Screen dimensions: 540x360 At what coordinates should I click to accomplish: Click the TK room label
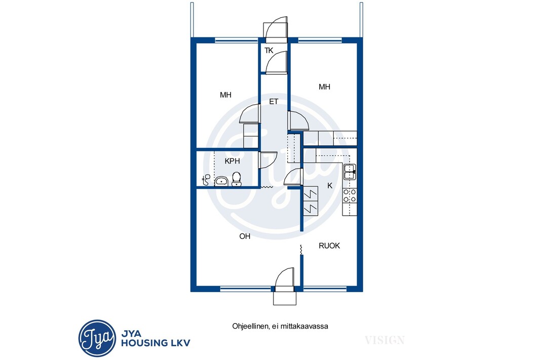(268, 51)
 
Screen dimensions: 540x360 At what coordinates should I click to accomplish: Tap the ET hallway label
(274, 102)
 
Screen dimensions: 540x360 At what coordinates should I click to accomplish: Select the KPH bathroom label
(232, 161)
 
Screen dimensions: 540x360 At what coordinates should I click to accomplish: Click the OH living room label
(245, 236)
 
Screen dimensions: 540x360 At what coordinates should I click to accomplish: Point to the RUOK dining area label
(329, 246)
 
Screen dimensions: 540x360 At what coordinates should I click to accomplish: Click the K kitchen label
(330, 186)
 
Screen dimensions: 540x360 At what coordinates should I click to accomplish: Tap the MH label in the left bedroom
(225, 95)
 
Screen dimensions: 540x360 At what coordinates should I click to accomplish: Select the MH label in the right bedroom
(324, 87)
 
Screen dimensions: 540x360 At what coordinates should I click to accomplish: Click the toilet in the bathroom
(236, 179)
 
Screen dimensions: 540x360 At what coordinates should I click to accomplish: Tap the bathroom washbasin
(221, 181)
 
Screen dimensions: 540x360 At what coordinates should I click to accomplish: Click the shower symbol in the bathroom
(206, 179)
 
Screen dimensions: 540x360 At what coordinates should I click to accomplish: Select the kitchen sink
(350, 172)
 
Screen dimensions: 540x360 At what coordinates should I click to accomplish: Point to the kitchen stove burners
(350, 195)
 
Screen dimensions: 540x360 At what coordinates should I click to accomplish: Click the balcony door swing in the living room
(285, 277)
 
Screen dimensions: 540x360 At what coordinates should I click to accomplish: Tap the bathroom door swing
(268, 160)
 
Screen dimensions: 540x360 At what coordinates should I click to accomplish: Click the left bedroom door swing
(249, 113)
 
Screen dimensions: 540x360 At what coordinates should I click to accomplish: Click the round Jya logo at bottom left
(97, 338)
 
